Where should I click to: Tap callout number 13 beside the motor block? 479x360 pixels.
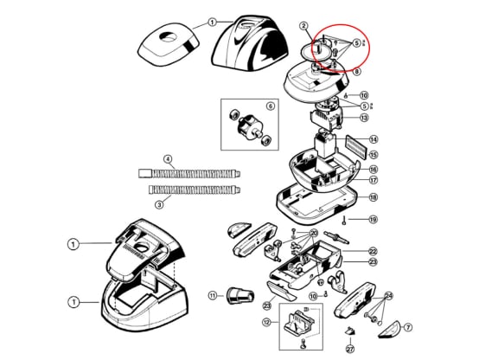click(x=365, y=118)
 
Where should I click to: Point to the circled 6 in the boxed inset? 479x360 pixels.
click(x=270, y=106)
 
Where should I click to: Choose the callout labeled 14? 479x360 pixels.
click(x=374, y=139)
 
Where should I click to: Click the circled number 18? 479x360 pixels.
click(x=374, y=197)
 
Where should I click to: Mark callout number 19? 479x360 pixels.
click(x=374, y=221)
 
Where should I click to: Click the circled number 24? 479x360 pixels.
click(x=388, y=298)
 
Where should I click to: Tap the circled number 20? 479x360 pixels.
click(x=313, y=234)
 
